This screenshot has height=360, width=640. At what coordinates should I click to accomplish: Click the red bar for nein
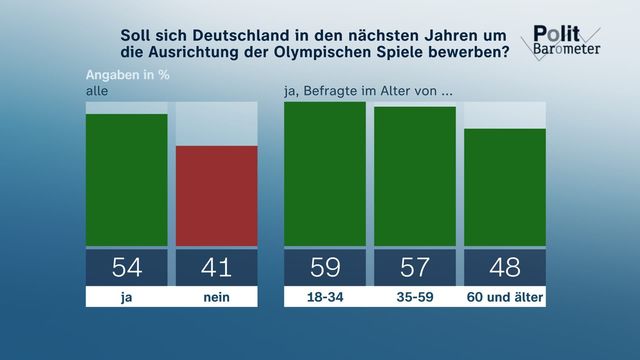click(x=217, y=196)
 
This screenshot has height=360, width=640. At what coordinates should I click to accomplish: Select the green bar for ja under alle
click(x=127, y=180)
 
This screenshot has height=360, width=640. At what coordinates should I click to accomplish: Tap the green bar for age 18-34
click(x=325, y=174)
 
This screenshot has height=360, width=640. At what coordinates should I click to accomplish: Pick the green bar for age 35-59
click(x=415, y=176)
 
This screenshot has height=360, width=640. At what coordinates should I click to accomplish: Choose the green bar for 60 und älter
click(x=505, y=187)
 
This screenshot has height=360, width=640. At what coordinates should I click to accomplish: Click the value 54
click(x=127, y=267)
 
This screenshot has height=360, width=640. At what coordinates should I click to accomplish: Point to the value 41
click(x=217, y=267)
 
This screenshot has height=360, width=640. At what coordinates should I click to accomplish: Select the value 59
click(x=325, y=267)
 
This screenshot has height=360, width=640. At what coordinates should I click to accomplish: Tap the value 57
click(x=415, y=267)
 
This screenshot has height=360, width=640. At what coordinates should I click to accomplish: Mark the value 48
click(x=505, y=267)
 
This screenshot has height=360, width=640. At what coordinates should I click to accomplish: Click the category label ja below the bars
click(x=127, y=297)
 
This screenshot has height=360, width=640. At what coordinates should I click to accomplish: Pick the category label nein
click(x=217, y=297)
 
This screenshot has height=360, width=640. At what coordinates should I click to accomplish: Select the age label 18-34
click(x=325, y=297)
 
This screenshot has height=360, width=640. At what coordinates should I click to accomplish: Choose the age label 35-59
click(x=415, y=297)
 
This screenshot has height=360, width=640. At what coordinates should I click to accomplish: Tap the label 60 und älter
click(x=505, y=297)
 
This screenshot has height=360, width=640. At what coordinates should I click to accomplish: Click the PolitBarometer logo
click(x=561, y=42)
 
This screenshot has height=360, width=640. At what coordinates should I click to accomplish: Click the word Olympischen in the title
click(x=321, y=53)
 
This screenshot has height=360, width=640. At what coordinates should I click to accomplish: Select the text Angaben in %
click(x=127, y=75)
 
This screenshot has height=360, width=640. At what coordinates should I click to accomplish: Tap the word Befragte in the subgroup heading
click(x=329, y=91)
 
